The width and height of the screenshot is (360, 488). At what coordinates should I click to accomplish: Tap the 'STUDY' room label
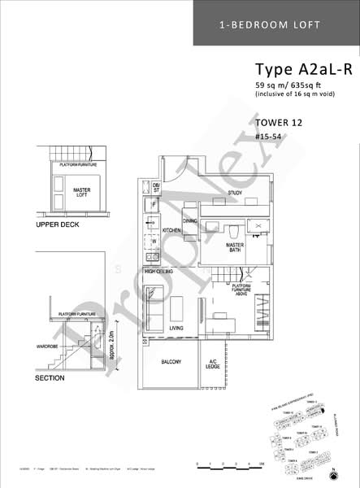pyautogui.click(x=236, y=193)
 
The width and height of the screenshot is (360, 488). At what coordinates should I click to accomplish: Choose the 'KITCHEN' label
pyautogui.click(x=171, y=231)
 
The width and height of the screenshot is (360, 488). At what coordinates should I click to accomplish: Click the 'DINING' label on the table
pyautogui.click(x=190, y=220)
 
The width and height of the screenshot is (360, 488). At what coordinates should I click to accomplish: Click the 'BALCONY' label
pyautogui.click(x=171, y=362)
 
